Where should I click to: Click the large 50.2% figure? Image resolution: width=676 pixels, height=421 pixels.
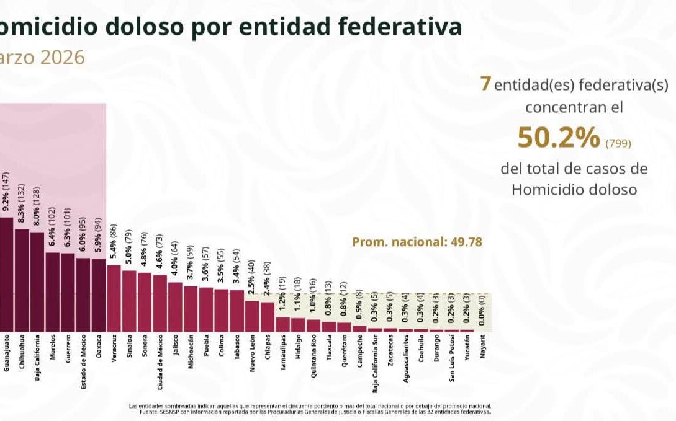(x=559, y=138)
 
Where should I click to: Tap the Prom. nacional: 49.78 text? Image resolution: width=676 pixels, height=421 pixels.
(x=417, y=242)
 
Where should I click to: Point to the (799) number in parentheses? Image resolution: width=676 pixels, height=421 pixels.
(x=618, y=144)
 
